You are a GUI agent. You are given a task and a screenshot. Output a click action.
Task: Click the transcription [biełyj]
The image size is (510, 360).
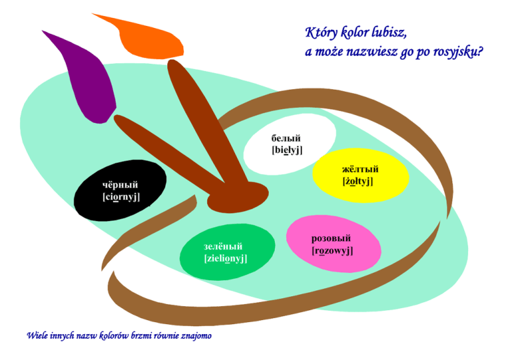(x=287, y=150)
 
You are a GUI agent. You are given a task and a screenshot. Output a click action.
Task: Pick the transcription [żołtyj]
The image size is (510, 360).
(x=358, y=181)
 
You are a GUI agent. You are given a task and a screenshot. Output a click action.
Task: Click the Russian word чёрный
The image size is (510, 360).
(x=120, y=184)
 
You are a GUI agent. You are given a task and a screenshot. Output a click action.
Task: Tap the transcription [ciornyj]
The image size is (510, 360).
(x=121, y=197)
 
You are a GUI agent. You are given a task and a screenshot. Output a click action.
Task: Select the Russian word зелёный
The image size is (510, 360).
(x=223, y=246)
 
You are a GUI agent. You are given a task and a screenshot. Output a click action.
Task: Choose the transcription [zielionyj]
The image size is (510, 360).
(x=226, y=258)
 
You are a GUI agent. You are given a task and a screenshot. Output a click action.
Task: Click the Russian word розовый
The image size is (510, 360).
(x=331, y=238)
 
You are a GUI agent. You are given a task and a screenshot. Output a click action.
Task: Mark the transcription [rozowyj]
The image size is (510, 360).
(x=332, y=250)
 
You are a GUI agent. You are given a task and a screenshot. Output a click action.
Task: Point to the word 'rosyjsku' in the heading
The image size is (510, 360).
(x=452, y=52)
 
